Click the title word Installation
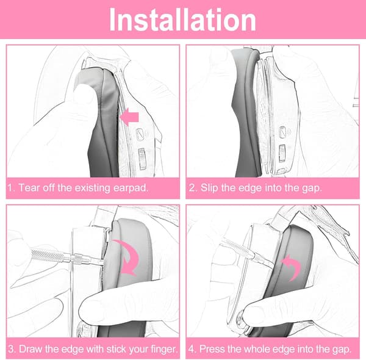coord(182,20)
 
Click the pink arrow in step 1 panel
coord(129,117)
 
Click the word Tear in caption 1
coord(28,188)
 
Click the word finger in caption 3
coord(164,350)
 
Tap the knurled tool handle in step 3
coord(47,255)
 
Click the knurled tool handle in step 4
coord(235,248)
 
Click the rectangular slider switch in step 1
coord(142,159)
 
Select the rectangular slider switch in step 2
coord(282,153)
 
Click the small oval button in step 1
coord(140,135)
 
